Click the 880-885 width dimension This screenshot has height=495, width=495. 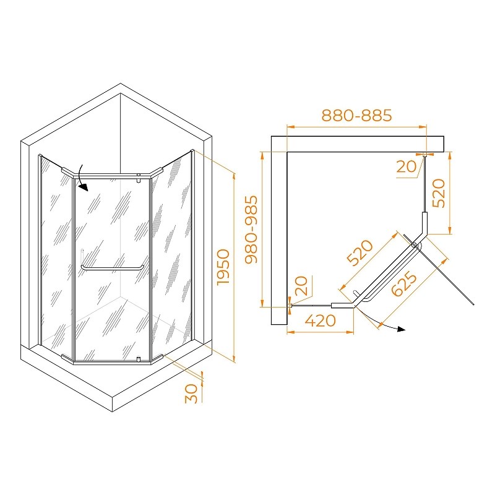point(357,116)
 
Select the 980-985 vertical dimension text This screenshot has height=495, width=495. point(252,230)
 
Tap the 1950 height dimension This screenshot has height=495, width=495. point(223,267)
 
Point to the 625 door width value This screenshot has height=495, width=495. point(404,284)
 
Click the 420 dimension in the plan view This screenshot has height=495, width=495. point(320,321)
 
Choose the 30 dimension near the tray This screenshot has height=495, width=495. point(191,394)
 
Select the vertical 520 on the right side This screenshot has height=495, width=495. point(439,193)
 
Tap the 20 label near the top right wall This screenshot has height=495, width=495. point(407,166)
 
